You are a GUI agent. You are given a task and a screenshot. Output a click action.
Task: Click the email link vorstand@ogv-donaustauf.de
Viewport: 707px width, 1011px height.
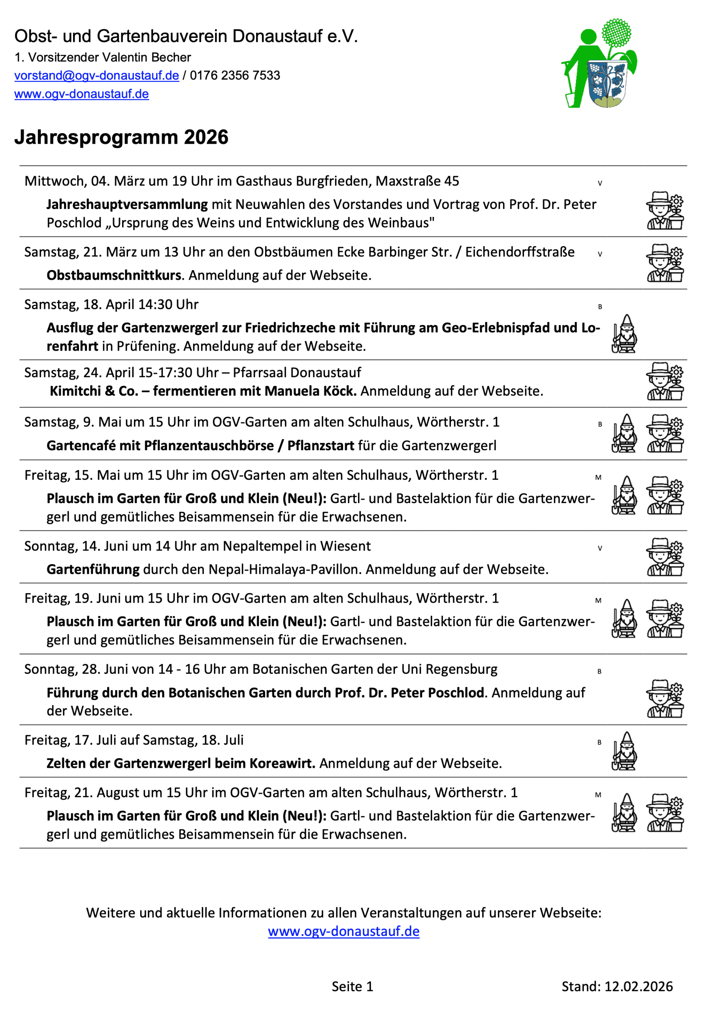tap(96, 76)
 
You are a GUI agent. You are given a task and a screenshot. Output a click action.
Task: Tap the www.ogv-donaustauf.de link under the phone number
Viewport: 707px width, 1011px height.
tap(81, 94)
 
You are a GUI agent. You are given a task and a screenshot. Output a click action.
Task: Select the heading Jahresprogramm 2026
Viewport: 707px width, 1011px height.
tap(121, 137)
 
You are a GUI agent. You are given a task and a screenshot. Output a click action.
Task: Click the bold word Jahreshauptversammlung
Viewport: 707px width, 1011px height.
tap(127, 204)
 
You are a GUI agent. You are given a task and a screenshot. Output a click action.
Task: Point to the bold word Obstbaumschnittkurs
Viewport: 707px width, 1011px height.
tap(114, 275)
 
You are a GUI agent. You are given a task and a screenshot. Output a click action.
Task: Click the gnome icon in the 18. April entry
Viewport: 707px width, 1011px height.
tap(624, 334)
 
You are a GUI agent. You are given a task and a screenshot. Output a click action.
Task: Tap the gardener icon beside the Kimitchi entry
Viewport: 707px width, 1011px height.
tap(665, 381)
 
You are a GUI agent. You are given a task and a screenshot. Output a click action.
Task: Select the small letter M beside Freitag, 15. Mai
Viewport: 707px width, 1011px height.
tap(598, 477)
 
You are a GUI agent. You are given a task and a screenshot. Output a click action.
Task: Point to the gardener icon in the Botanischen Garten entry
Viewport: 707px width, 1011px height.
tap(665, 698)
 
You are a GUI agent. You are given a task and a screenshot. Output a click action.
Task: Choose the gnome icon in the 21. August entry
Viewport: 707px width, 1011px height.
tap(624, 813)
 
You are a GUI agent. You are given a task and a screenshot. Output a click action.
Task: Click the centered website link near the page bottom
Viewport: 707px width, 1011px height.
tap(343, 931)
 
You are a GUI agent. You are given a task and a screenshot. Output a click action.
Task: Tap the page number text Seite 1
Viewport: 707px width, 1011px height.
tap(353, 987)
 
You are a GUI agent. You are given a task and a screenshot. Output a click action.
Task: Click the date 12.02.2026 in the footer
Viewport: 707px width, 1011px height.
tap(638, 987)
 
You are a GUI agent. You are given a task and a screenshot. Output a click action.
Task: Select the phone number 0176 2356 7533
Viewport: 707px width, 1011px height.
tap(235, 76)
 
